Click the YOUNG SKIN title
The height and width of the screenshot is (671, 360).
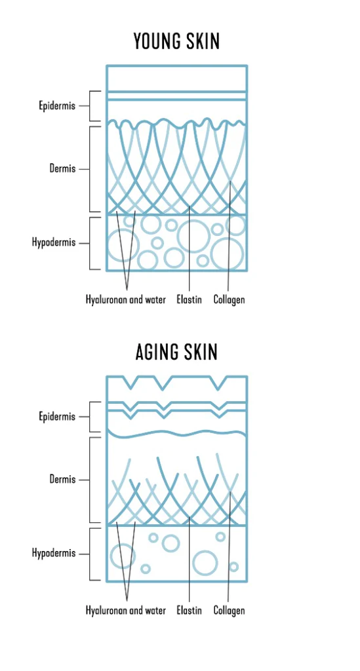pos(176,41)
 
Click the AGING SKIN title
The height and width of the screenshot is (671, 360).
pos(176,352)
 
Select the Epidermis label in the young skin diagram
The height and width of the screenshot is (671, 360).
pos(57,106)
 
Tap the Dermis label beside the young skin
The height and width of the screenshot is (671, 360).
pos(62,168)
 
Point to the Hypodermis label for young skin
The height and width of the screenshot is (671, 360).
pos(54,242)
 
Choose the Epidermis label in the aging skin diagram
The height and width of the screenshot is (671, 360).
pos(57,417)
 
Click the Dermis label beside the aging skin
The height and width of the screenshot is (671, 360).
pos(62,479)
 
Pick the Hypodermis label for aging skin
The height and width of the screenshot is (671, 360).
pos(54,553)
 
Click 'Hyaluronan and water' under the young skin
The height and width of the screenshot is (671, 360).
pos(125,299)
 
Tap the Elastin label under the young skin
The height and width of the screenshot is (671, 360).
pos(190,299)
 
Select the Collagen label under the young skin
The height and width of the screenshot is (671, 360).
pos(229,299)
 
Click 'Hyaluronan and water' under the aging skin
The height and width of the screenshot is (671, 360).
pos(125,610)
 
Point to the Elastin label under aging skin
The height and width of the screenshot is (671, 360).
pos(190,610)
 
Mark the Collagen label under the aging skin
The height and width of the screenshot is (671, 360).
pos(229,610)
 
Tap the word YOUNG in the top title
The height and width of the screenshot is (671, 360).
pos(156,41)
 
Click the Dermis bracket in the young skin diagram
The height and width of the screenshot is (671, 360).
pos(90,169)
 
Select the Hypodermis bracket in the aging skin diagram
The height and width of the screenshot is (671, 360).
pos(90,554)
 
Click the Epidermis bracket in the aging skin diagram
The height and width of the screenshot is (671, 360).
pos(90,417)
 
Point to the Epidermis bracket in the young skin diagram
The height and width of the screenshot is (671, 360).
pos(90,106)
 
